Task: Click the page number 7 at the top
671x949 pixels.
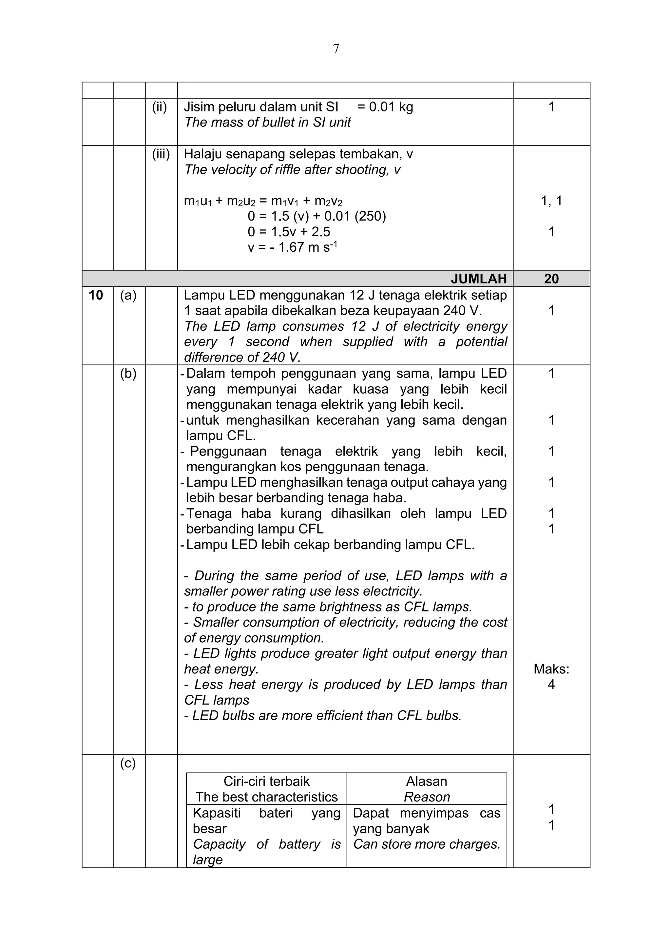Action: (x=336, y=49)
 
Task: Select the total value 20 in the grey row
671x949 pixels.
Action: (x=551, y=279)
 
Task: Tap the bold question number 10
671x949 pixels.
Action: (x=96, y=295)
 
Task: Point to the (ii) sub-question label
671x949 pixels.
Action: (x=160, y=107)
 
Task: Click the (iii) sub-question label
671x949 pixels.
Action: (x=161, y=154)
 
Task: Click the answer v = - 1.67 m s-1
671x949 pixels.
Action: (x=293, y=247)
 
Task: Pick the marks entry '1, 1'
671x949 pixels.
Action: (x=551, y=201)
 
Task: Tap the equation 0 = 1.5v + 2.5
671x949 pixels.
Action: (x=289, y=232)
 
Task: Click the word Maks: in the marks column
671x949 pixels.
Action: (x=551, y=669)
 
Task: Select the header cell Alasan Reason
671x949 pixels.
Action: (x=426, y=789)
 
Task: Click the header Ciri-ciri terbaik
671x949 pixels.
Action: (x=266, y=781)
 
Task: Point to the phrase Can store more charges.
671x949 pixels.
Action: (x=426, y=844)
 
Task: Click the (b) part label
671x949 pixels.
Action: (x=128, y=373)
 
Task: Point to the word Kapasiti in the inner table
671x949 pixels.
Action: (x=217, y=813)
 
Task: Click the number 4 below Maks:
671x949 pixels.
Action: (x=551, y=685)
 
